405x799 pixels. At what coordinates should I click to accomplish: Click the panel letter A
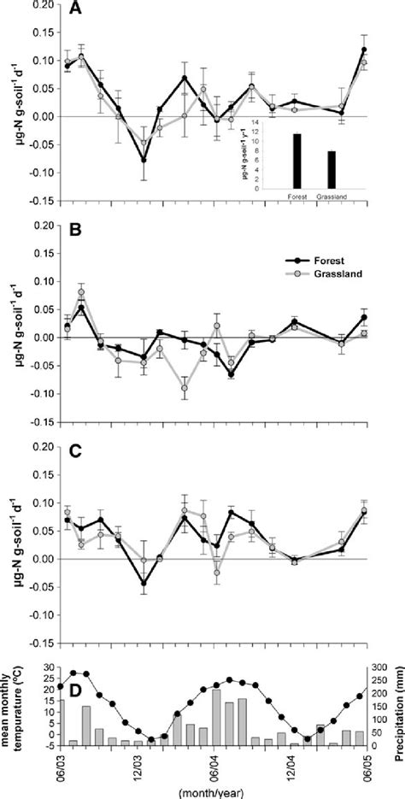75,11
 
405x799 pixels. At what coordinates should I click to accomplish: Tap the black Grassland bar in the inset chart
332,168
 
